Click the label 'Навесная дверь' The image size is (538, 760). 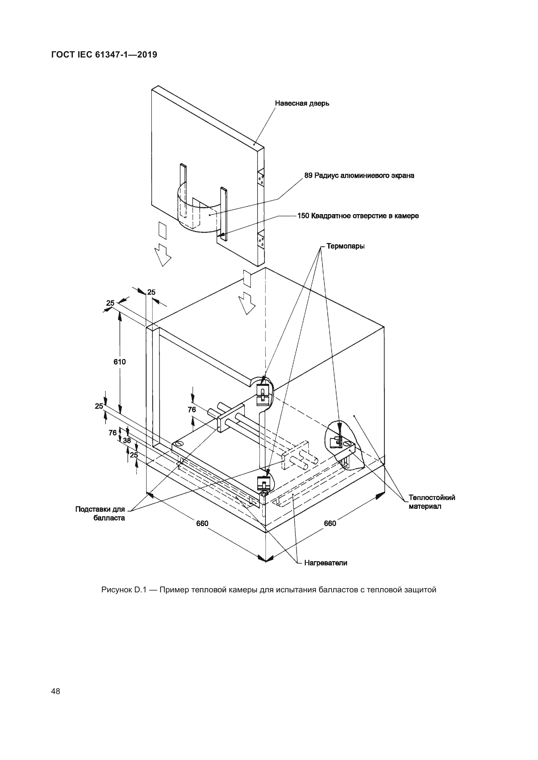click(302, 103)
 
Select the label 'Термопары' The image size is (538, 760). click(345, 246)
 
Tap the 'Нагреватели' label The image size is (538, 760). click(326, 563)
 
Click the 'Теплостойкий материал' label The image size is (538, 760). click(432, 502)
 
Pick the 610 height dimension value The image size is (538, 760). click(120, 362)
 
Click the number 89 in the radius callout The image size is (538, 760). click(308, 175)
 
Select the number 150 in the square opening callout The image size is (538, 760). click(303, 216)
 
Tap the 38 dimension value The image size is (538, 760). click(127, 441)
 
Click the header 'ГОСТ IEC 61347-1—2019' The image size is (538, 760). click(104, 55)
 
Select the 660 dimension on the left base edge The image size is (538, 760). click(202, 523)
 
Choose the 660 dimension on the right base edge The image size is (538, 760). click(330, 523)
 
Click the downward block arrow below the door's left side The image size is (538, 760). click(163, 254)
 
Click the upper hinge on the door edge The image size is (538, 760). click(261, 179)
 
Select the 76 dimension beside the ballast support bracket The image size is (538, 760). click(192, 410)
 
